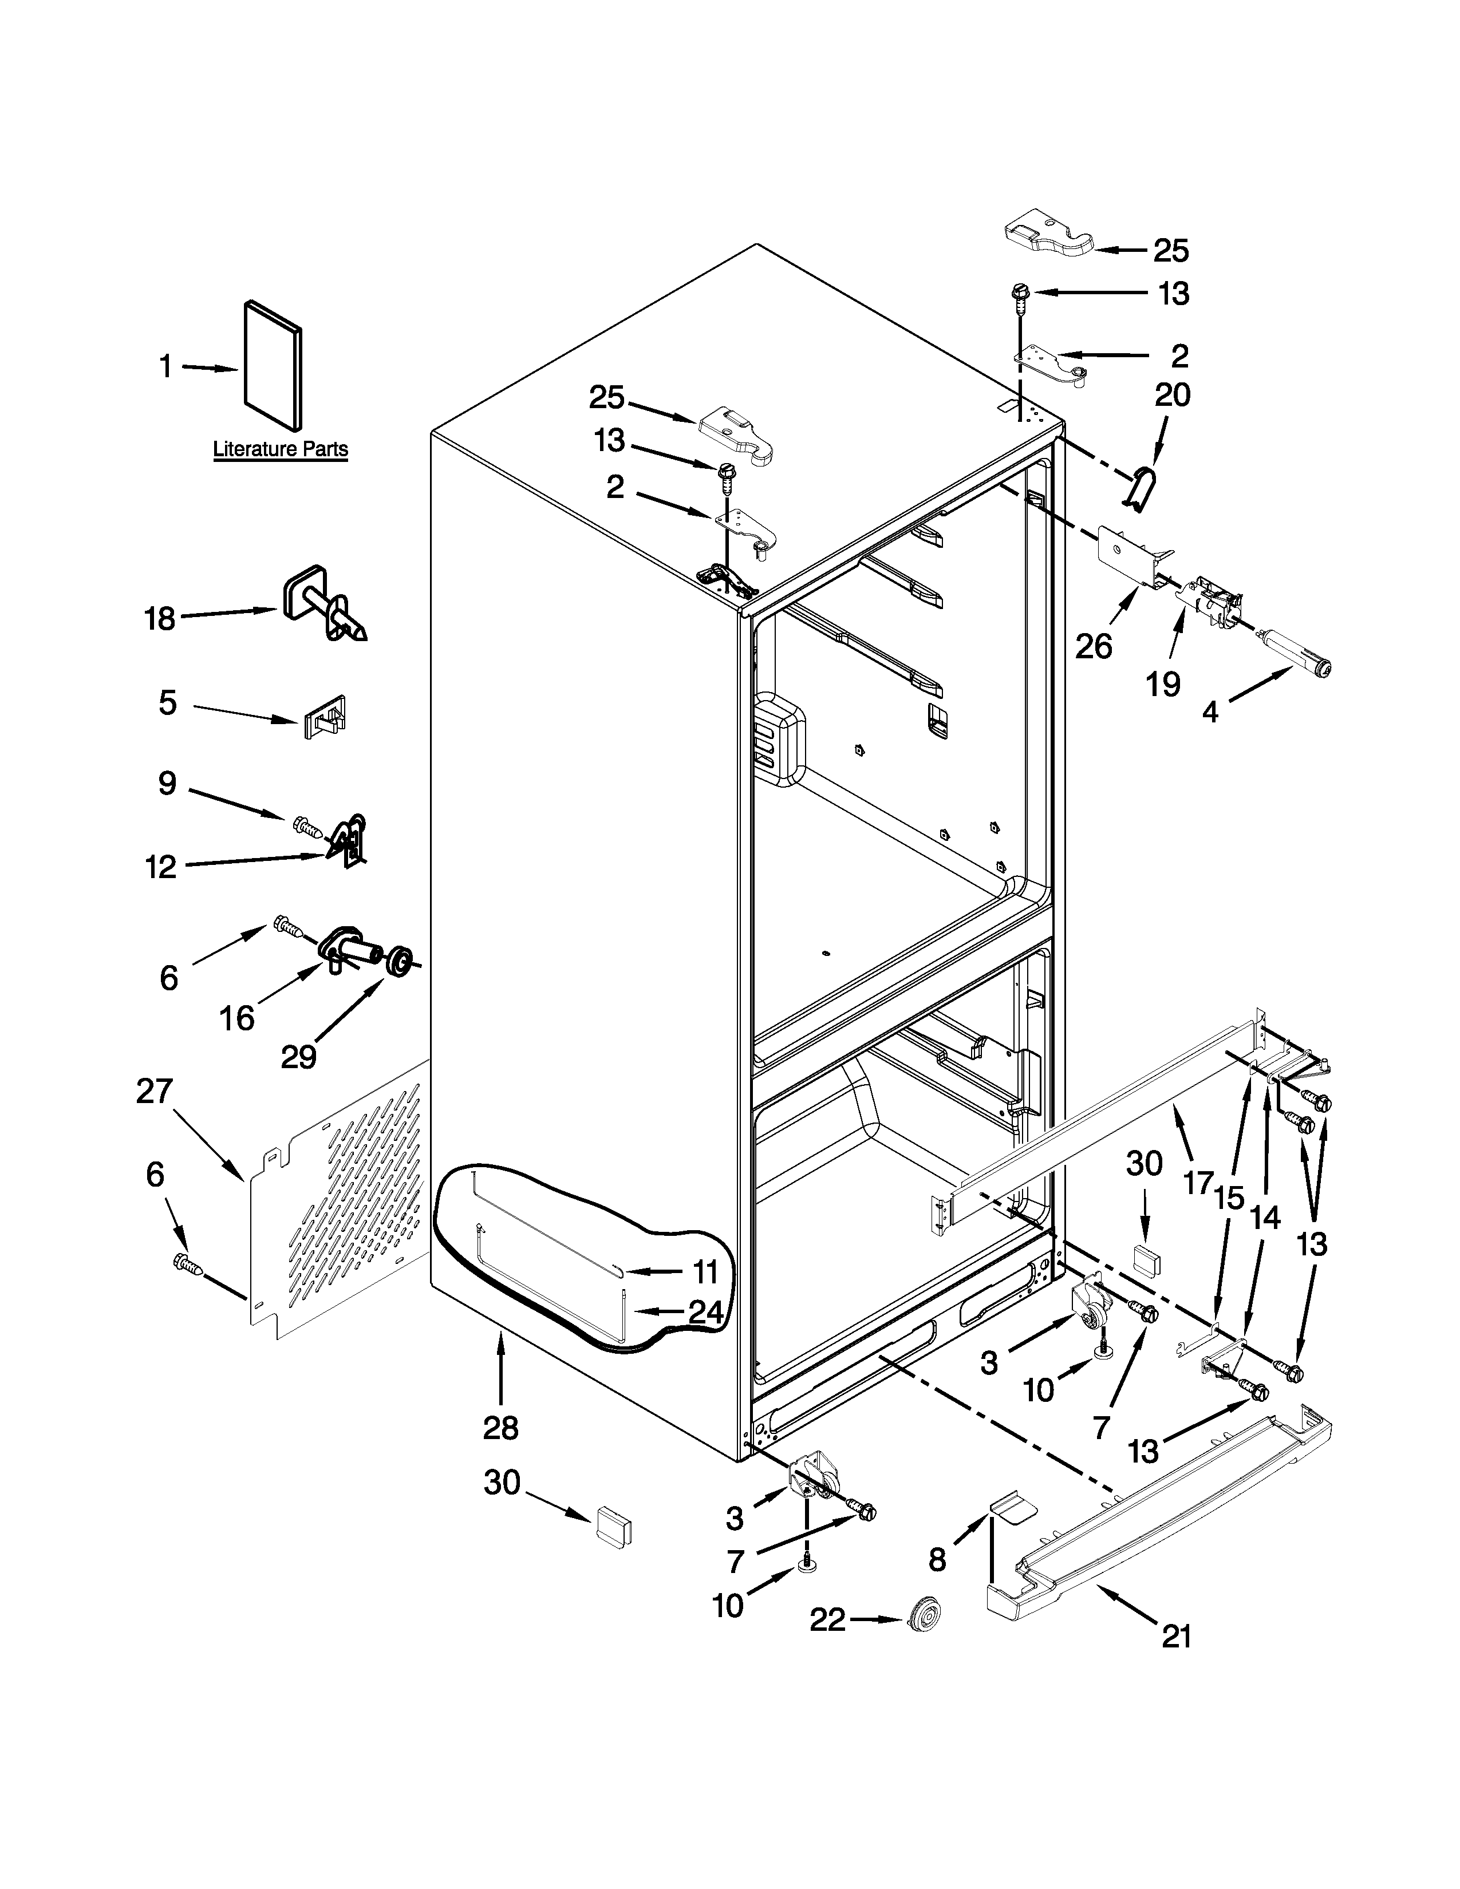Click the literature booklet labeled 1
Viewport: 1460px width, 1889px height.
click(x=273, y=365)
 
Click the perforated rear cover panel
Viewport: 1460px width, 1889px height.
click(x=346, y=1202)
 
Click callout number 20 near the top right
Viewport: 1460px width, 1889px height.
click(x=1172, y=396)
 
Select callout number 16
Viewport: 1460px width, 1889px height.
click(x=236, y=1018)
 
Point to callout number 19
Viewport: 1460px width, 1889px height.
click(x=1163, y=683)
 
